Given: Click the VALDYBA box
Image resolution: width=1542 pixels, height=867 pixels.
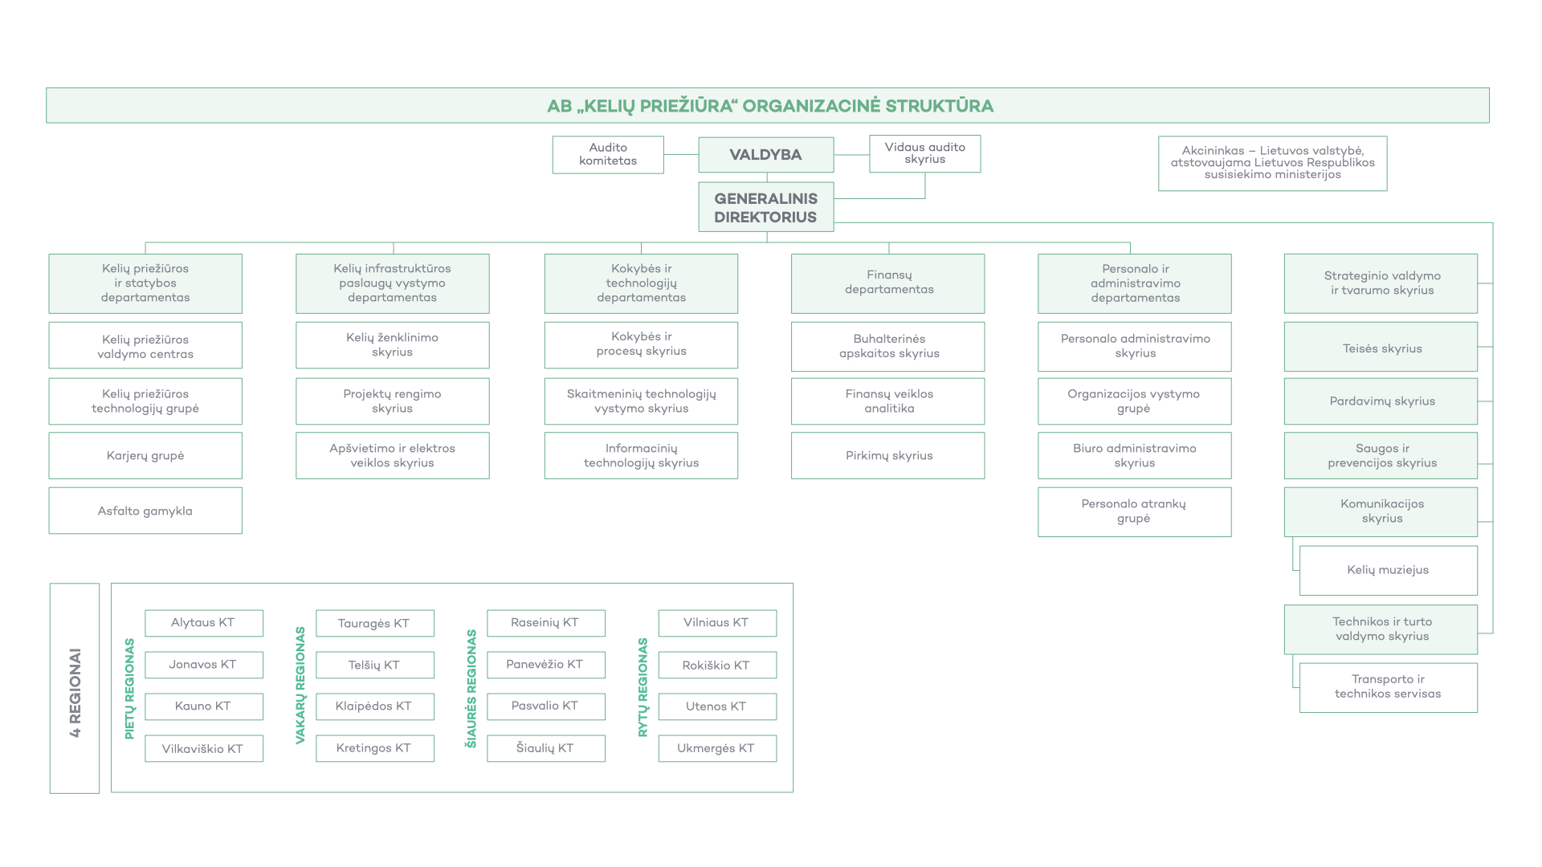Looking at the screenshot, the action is pyautogui.click(x=765, y=155).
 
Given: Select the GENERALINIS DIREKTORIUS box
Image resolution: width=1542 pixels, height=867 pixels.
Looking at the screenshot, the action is pyautogui.click(x=765, y=207).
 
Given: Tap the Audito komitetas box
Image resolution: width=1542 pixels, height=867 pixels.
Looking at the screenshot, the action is pyautogui.click(x=608, y=154).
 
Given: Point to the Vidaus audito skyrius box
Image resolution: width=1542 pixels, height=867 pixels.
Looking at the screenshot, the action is pyautogui.click(x=925, y=153).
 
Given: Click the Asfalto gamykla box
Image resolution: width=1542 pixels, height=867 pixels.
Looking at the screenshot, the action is pyautogui.click(x=145, y=511).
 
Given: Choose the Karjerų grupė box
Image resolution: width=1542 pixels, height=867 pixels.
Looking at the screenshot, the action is pyautogui.click(x=145, y=455).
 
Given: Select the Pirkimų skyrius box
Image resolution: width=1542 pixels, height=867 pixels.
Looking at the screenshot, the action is pyautogui.click(x=888, y=455).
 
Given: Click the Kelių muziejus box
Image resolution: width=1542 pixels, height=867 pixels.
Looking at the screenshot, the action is pyautogui.click(x=1388, y=570).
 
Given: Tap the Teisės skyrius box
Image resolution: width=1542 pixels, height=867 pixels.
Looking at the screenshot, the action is pyautogui.click(x=1381, y=348).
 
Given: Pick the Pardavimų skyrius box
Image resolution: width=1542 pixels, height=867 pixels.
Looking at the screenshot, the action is pyautogui.click(x=1381, y=401).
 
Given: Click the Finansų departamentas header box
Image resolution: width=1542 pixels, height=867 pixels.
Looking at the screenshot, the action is pyautogui.click(x=888, y=283).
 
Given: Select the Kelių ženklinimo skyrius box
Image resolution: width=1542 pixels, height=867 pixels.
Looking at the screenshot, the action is pyautogui.click(x=393, y=345).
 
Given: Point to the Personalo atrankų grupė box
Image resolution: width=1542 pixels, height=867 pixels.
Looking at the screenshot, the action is pyautogui.click(x=1135, y=511).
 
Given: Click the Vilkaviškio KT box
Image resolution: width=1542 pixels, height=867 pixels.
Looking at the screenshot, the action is pyautogui.click(x=204, y=748).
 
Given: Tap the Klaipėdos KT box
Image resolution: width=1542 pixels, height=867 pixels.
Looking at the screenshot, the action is pyautogui.click(x=375, y=706).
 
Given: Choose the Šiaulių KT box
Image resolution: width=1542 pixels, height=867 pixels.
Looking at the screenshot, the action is pyautogui.click(x=546, y=748).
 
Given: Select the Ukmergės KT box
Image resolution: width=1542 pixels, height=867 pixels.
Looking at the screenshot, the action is pyautogui.click(x=717, y=748).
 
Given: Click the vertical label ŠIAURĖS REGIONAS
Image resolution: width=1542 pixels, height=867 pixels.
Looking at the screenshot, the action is pyautogui.click(x=471, y=689).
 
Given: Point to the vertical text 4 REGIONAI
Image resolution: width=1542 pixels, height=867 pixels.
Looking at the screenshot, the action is pyautogui.click(x=75, y=692).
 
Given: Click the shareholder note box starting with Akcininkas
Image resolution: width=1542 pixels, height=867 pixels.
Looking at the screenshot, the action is pyautogui.click(x=1272, y=163).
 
